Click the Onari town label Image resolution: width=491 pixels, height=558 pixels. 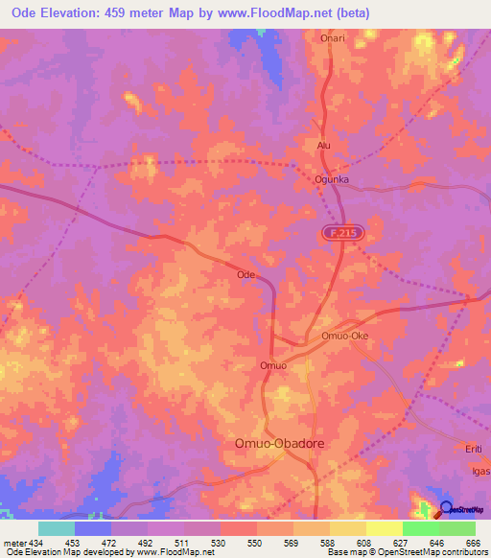pos(332,38)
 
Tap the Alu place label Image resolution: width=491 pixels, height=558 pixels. pos(323,145)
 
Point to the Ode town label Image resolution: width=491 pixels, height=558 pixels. pos(245,274)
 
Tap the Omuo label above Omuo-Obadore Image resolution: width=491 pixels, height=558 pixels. pos(273,365)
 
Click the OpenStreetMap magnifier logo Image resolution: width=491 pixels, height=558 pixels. pos(446,511)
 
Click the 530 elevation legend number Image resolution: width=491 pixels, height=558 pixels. pos(220,543)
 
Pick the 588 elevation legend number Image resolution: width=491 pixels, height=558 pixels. pos(329,543)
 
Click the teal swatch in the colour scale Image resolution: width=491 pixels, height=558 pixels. pos(57,528)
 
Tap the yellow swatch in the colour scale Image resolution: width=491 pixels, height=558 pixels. pos(384,528)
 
